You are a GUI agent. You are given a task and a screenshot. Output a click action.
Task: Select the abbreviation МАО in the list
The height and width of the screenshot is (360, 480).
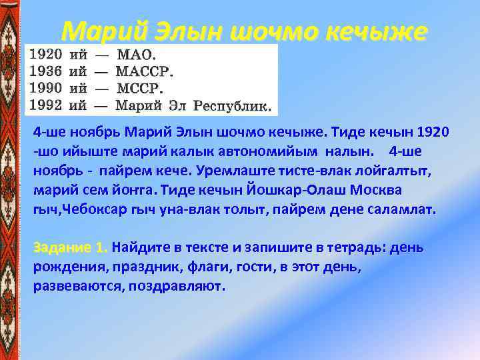pyautogui.click(x=134, y=54)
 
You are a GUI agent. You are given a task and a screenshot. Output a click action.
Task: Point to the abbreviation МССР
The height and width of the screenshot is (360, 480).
pyautogui.click(x=138, y=87)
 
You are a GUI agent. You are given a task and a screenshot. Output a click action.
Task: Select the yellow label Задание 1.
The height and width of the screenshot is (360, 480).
pyautogui.click(x=71, y=248)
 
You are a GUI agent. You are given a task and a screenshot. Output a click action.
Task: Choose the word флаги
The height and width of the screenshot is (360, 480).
pyautogui.click(x=198, y=267)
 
